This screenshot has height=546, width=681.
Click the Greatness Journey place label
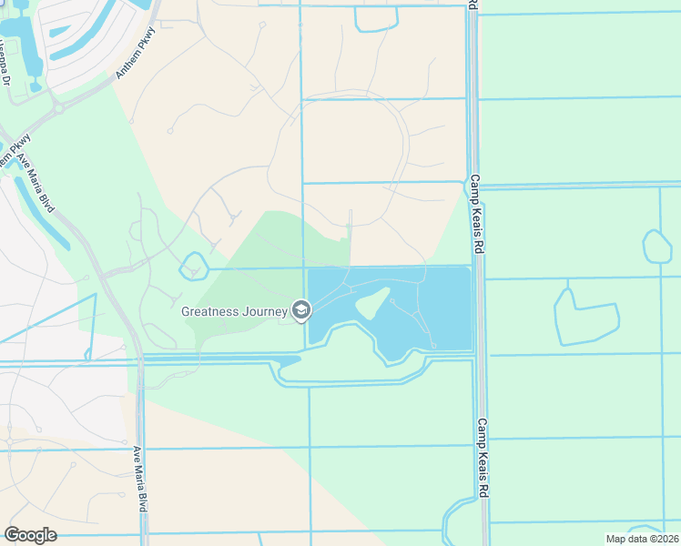[236, 311]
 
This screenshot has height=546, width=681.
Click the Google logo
[30, 535]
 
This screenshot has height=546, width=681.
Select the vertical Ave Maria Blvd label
[142, 479]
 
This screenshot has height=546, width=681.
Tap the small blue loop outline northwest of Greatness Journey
[194, 266]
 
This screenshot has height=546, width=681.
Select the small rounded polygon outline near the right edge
[656, 247]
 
